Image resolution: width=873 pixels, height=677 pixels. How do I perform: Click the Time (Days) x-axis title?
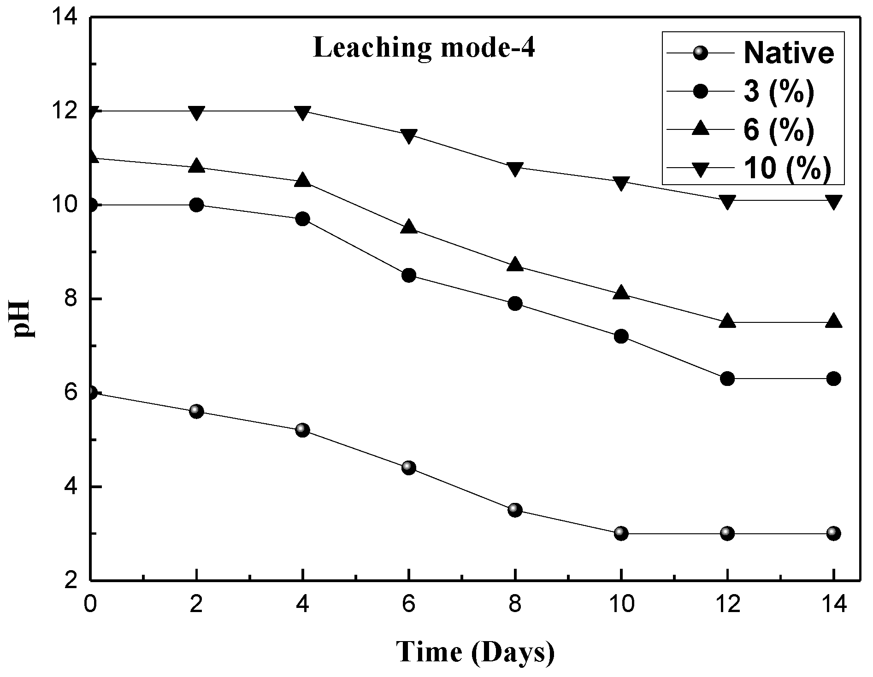coord(476,651)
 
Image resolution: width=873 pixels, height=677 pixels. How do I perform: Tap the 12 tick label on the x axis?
coord(727,605)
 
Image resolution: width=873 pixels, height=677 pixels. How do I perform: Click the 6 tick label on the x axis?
coord(408,605)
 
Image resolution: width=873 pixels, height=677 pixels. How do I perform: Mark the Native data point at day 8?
coord(515,510)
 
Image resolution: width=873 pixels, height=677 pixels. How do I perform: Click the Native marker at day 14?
coord(833,533)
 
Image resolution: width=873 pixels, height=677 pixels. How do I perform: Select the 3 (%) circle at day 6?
coord(409,275)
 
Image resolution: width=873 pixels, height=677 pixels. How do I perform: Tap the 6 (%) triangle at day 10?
coord(621,292)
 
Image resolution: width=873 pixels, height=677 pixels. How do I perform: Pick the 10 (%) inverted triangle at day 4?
coord(302,113)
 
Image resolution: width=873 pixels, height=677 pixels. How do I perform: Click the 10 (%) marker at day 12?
coord(727,202)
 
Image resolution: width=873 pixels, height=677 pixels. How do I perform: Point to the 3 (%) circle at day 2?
coord(196,205)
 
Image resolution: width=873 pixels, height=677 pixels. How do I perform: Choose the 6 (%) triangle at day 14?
coord(833,321)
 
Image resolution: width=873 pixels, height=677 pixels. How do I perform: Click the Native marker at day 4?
coord(302,430)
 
